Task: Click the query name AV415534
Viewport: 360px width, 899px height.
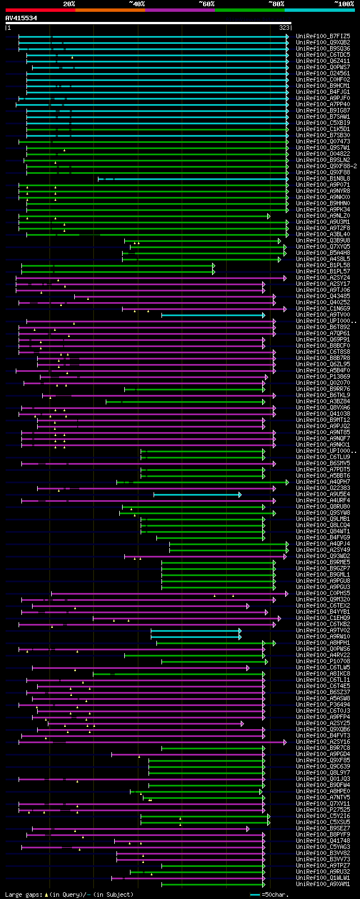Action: click(x=21, y=18)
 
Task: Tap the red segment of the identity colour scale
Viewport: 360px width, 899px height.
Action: click(x=40, y=10)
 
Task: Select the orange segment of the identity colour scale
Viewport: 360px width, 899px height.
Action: click(x=110, y=10)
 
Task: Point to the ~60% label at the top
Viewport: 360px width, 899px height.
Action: click(x=206, y=4)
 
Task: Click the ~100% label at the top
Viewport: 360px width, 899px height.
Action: click(x=344, y=4)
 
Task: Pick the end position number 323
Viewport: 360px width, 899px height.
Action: click(x=284, y=27)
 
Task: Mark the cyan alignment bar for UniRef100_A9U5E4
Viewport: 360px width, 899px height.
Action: click(x=197, y=495)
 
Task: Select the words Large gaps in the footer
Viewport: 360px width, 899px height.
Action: click(x=23, y=894)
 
